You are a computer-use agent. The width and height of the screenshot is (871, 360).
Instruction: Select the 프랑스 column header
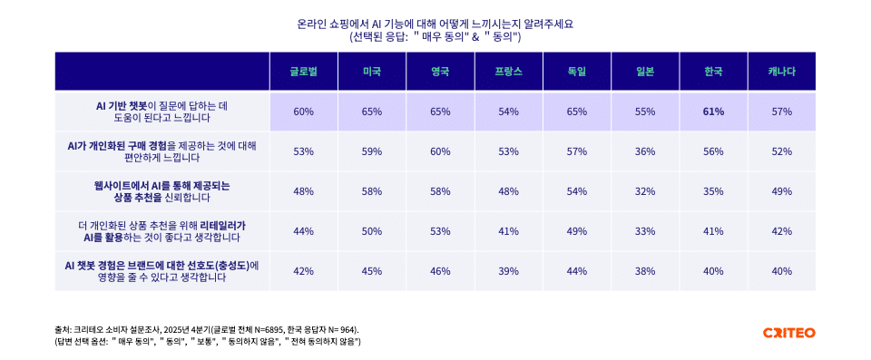coord(508,72)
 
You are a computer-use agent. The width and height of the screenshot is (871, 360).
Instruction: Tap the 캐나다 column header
coord(781,72)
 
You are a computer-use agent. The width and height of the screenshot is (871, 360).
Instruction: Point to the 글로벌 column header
coord(303,72)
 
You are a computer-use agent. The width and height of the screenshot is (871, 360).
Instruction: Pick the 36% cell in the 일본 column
coord(645,151)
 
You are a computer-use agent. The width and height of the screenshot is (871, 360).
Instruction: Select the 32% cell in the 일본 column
coord(645,191)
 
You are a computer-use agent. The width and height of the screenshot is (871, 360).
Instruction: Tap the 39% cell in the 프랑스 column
coord(508,271)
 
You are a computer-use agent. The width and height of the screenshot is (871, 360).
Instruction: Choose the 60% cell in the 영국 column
coord(440,151)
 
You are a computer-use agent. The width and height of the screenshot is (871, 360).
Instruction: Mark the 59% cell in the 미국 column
coord(371,151)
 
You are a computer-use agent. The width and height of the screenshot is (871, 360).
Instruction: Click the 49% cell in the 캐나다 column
coord(781,191)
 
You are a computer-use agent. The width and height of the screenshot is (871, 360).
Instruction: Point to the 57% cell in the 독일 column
coord(576,151)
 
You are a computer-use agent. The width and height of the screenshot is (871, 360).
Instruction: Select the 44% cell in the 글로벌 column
coord(303,231)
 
